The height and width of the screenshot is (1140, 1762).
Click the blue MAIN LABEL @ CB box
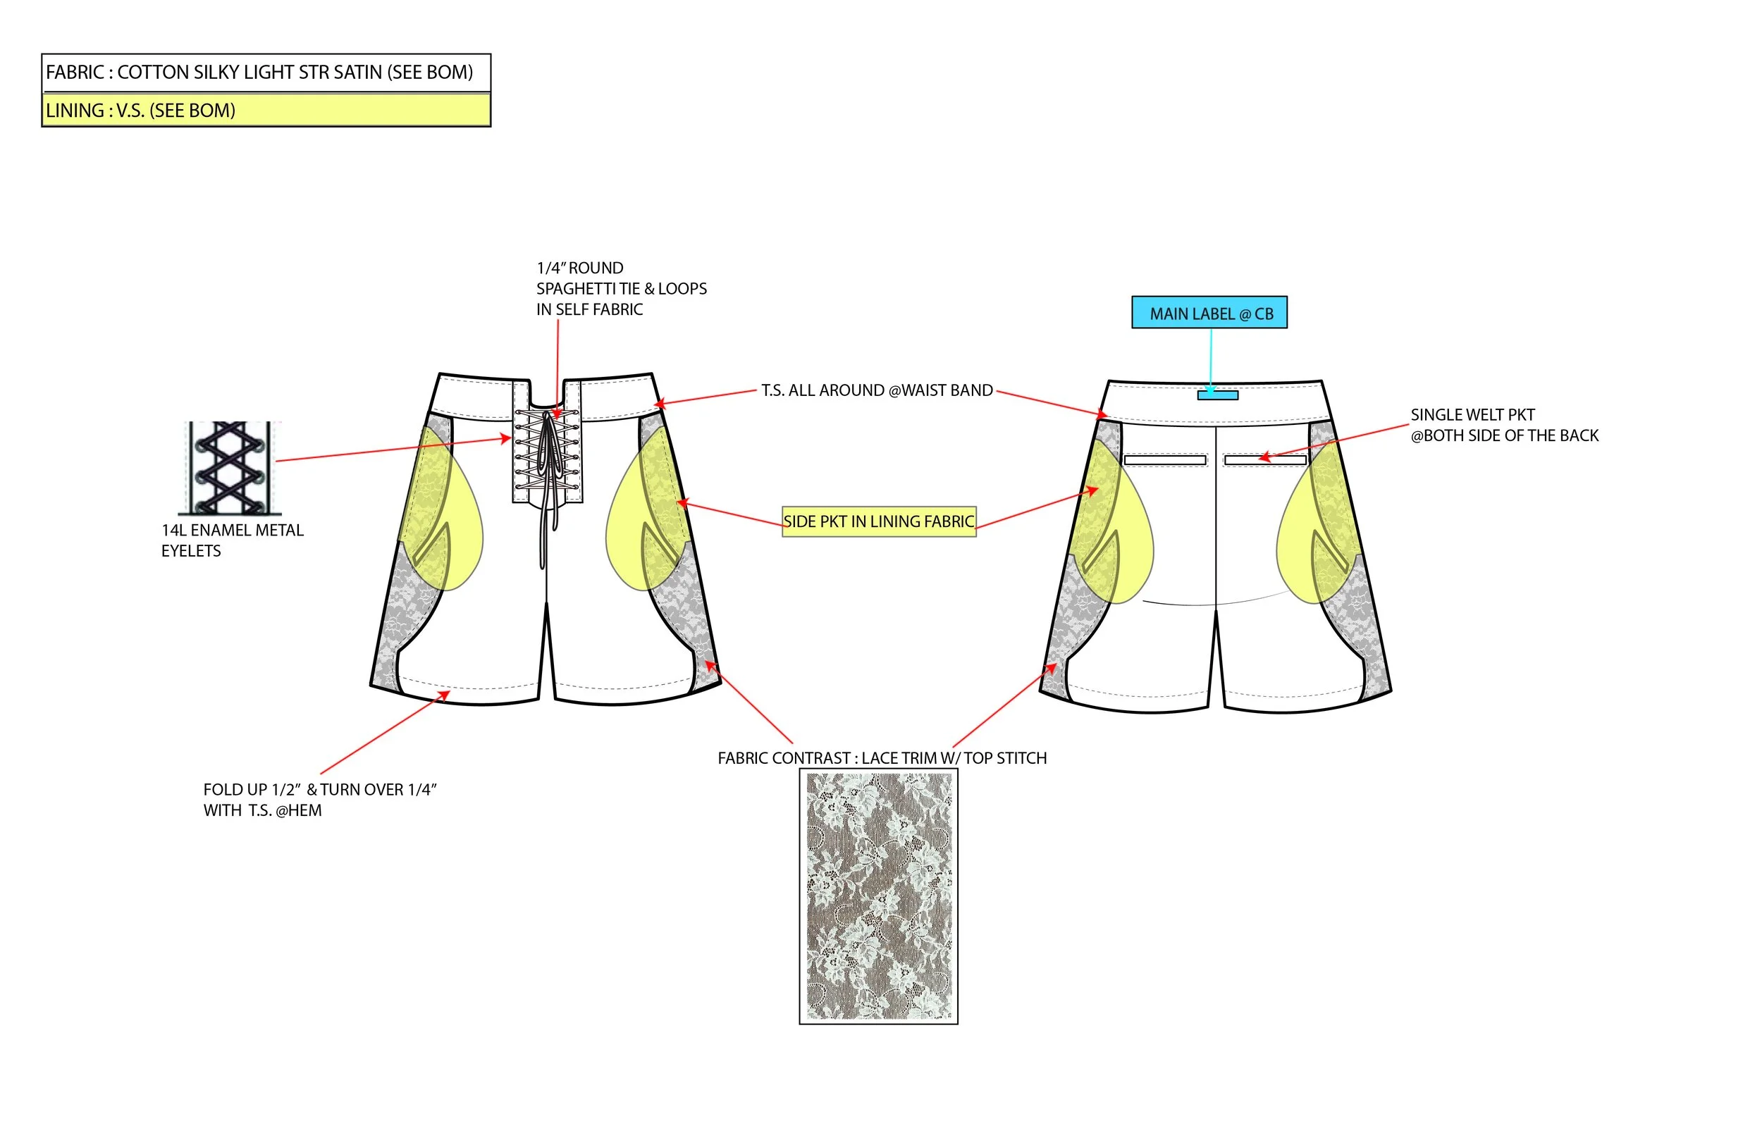(1209, 312)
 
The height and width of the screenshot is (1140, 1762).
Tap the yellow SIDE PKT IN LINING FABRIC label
(879, 521)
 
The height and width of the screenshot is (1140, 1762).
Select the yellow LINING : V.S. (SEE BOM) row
(266, 111)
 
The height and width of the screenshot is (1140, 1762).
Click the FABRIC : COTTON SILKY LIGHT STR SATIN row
(266, 73)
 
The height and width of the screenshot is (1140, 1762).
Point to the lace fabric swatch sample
(879, 896)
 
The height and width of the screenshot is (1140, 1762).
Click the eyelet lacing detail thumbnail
(230, 468)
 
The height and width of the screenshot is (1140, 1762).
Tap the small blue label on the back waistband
(1217, 395)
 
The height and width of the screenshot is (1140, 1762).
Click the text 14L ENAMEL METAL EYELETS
(233, 540)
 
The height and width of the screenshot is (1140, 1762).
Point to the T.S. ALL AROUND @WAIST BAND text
(877, 390)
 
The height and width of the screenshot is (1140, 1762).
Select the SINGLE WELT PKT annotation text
(1503, 425)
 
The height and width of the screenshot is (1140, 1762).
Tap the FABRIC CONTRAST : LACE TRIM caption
(882, 758)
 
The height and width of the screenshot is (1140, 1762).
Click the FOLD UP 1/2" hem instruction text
(320, 800)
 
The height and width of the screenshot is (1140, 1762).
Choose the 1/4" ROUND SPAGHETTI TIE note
(621, 289)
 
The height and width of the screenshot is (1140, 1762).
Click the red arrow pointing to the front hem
(385, 733)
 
